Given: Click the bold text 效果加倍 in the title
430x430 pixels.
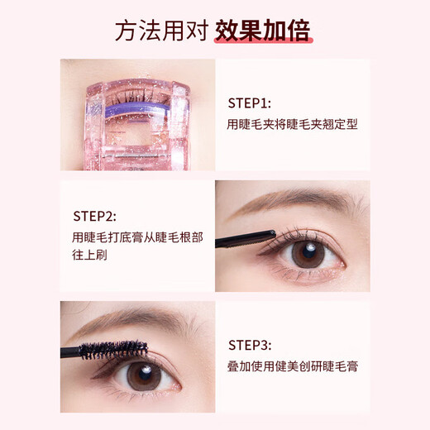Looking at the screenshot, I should (262, 31).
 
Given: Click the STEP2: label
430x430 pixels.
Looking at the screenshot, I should (98, 217).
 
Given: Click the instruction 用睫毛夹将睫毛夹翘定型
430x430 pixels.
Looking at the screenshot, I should (284, 126).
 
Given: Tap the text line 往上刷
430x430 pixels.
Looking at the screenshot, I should (89, 258).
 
